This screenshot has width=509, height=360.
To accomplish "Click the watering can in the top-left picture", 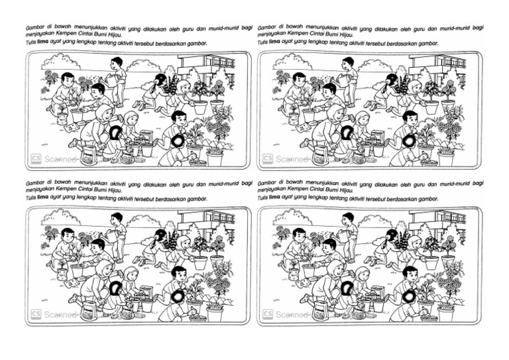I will (x=107, y=78).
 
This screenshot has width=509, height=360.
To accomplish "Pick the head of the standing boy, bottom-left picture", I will (x=117, y=217).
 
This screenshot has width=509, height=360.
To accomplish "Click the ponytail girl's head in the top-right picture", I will (x=392, y=80).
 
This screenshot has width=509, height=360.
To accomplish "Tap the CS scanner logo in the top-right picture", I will (x=268, y=159).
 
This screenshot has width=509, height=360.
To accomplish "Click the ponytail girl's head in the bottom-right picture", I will (x=392, y=235).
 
